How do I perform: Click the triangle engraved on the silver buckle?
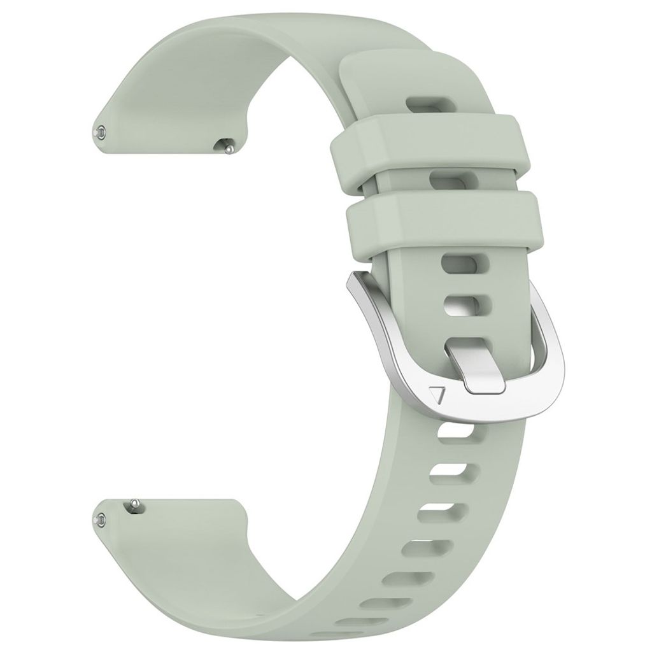click(x=437, y=395)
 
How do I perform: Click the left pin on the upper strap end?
click(x=101, y=132)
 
